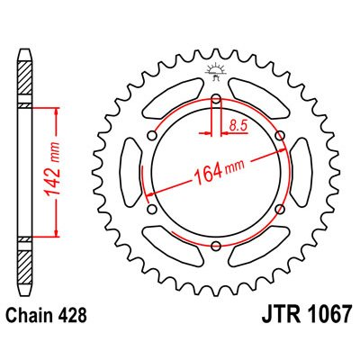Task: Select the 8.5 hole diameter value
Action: [x=238, y=125]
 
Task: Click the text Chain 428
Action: [x=47, y=315]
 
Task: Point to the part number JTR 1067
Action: [x=306, y=314]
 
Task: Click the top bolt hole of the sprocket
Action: [x=216, y=99]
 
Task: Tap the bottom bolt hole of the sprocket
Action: [x=216, y=247]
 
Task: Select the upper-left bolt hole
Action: [x=152, y=136]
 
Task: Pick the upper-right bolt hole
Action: [x=280, y=136]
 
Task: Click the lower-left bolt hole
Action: [x=152, y=209]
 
